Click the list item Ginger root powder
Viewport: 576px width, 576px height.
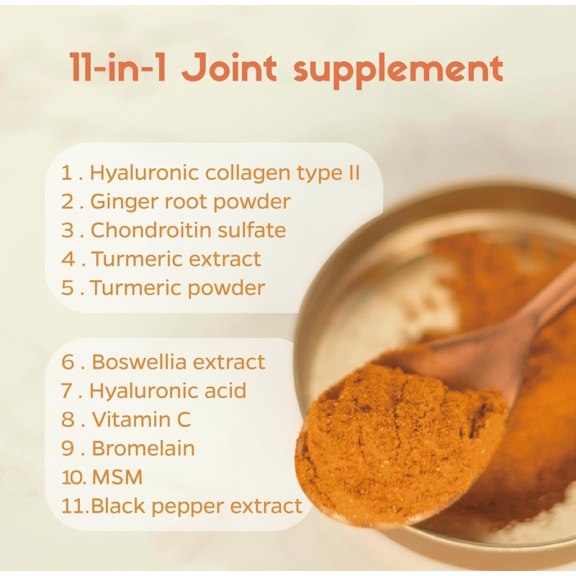pyautogui.click(x=189, y=202)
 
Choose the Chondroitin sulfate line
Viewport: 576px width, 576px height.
pyautogui.click(x=188, y=230)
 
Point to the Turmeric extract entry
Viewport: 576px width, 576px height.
pyautogui.click(x=176, y=259)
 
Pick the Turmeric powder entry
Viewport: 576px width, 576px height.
pyautogui.click(x=178, y=288)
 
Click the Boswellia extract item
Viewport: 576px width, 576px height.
pyautogui.click(x=179, y=361)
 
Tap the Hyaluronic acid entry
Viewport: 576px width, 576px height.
pyautogui.click(x=168, y=390)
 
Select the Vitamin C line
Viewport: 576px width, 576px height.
pyautogui.click(x=141, y=419)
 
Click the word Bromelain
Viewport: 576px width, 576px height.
pyautogui.click(x=143, y=448)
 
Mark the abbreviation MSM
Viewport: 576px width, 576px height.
pyautogui.click(x=117, y=477)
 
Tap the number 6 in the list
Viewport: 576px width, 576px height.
pyautogui.click(x=68, y=361)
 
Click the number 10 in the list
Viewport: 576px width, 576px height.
pyautogui.click(x=70, y=477)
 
